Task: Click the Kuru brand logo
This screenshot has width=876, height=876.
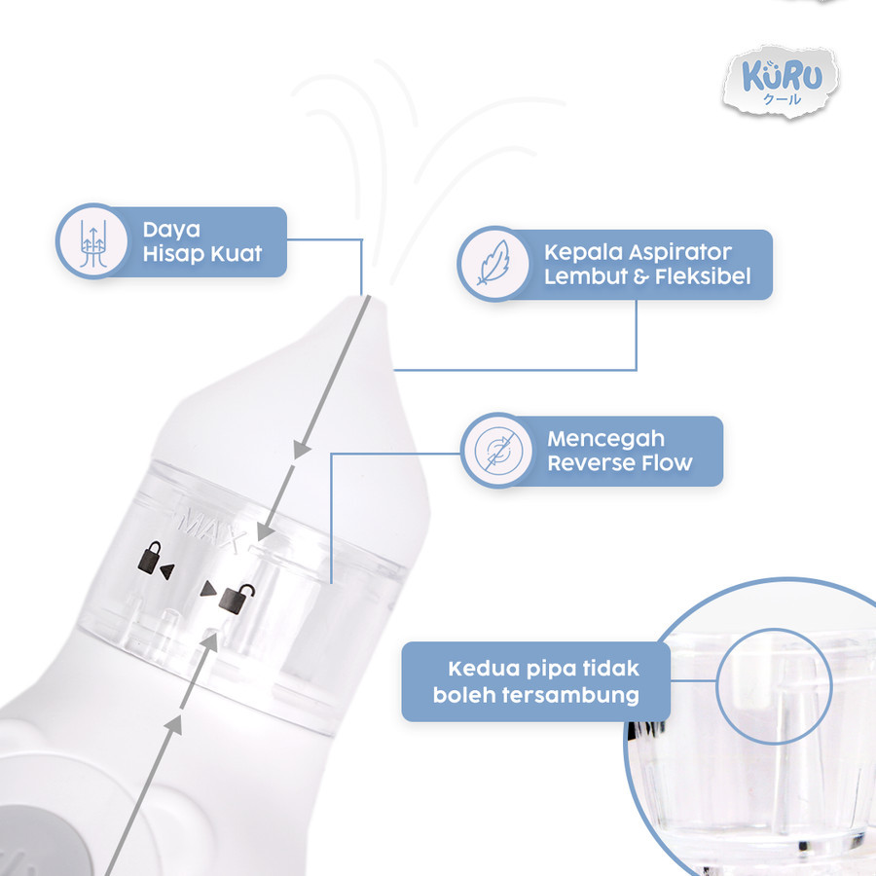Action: [x=781, y=82]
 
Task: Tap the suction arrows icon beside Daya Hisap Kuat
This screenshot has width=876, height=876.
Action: [x=93, y=242]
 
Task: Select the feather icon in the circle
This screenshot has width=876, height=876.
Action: [x=493, y=263]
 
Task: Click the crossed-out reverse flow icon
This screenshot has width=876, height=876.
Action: [x=498, y=451]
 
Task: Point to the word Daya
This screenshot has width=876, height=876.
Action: [x=171, y=230]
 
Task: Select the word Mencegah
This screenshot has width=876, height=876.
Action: [x=606, y=440]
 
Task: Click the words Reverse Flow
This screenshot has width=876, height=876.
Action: [x=620, y=463]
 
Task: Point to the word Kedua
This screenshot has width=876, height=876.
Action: [x=480, y=669]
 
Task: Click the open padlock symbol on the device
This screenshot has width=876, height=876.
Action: [x=237, y=599]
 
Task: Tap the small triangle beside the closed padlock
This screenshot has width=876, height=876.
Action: [x=167, y=570]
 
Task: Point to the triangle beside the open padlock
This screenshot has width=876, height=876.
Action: [x=208, y=588]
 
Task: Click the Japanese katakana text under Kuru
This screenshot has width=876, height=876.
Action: [x=783, y=99]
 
